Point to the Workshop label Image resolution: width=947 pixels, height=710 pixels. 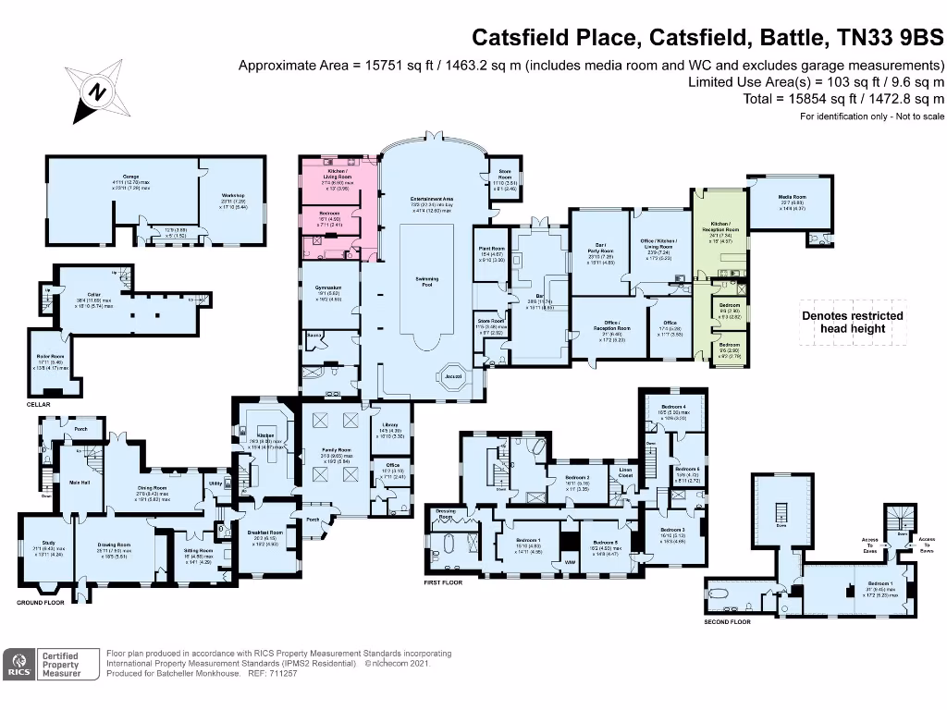231,195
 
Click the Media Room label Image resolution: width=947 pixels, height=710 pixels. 793,197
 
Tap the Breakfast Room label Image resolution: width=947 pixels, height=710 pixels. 264,532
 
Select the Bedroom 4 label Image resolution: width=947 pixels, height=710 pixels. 672,407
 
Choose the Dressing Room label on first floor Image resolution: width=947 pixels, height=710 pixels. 447,513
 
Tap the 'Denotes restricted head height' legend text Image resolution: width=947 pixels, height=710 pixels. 852,321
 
